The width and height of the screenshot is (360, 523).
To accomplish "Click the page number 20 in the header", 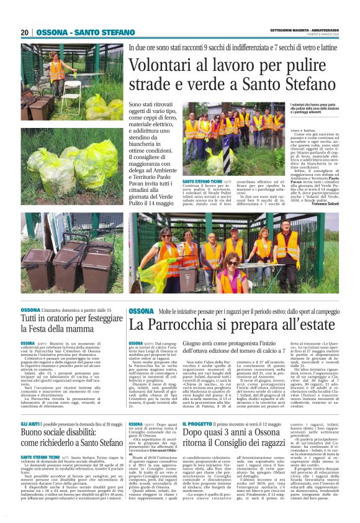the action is tap(24, 32).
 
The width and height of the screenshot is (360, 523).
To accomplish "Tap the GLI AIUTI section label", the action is tap(30, 405).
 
